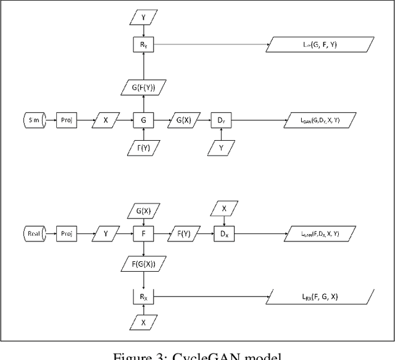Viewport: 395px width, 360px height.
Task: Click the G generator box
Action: pyautogui.click(x=143, y=120)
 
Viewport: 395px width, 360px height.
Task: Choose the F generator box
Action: pyautogui.click(x=143, y=234)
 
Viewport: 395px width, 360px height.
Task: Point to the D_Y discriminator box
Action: pyautogui.click(x=221, y=120)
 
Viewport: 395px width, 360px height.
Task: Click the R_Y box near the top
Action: pyautogui.click(x=143, y=44)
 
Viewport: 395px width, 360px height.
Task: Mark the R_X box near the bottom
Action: pyautogui.click(x=143, y=298)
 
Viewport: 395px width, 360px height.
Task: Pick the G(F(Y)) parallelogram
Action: pyautogui.click(x=143, y=88)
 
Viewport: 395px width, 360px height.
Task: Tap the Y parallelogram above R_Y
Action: pyautogui.click(x=143, y=17)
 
